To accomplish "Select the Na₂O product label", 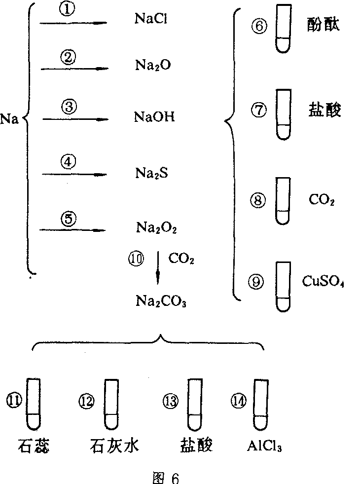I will (x=152, y=65).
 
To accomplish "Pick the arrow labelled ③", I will (x=74, y=119).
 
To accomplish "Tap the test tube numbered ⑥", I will (x=282, y=30).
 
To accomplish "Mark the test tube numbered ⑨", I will (x=282, y=286).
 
